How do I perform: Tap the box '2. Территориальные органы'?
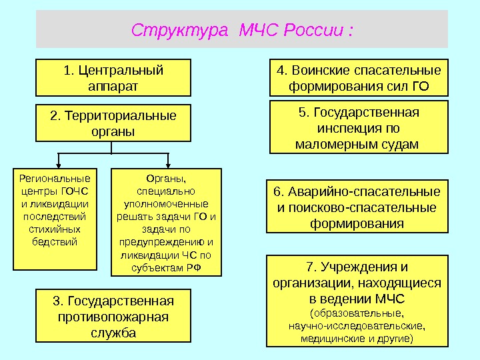[x=113, y=123]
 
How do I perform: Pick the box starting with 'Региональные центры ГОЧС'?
[x=55, y=219]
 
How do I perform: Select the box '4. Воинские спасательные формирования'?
[x=359, y=78]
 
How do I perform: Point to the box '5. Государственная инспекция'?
[x=359, y=127]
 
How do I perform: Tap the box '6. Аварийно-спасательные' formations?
[x=358, y=207]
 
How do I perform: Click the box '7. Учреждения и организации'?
[x=357, y=301]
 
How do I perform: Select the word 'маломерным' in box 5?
[x=335, y=143]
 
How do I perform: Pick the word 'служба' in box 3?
[x=113, y=332]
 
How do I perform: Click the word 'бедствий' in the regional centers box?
[x=55, y=241]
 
